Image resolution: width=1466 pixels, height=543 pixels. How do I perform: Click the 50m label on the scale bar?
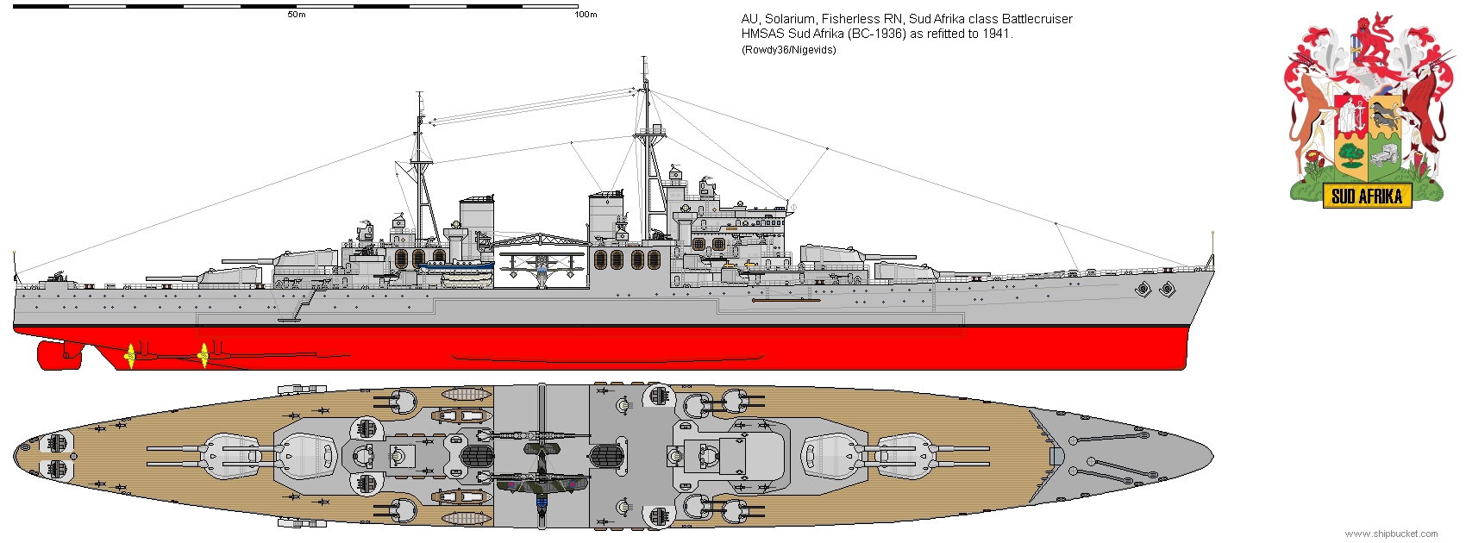[x=296, y=15]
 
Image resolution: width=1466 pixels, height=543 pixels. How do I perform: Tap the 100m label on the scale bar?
[x=586, y=15]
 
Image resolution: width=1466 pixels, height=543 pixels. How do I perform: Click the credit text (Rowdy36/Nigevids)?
[x=788, y=50]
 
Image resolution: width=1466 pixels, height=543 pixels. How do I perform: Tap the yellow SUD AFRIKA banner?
[x=1367, y=197]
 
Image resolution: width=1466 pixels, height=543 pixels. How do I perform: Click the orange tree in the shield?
[x=1350, y=155]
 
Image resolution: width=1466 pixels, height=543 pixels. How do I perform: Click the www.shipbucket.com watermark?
[x=1391, y=534]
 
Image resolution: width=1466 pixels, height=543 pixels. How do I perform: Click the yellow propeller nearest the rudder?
[x=130, y=354]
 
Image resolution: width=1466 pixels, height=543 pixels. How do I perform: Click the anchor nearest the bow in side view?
[x=1167, y=290]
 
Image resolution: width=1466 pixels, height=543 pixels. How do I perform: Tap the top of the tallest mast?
[x=644, y=60]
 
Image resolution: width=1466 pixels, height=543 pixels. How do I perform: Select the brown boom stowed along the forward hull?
[x=786, y=300]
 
